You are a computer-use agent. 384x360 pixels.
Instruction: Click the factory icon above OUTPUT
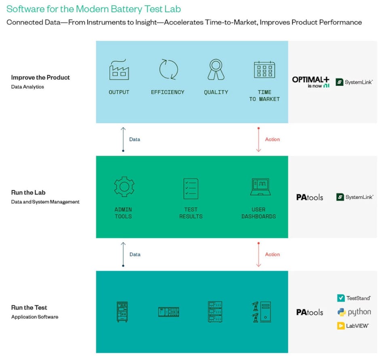[119, 69]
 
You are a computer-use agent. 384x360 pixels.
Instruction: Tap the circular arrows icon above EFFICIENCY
[168, 69]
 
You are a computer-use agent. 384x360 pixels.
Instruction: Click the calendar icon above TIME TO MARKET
[264, 69]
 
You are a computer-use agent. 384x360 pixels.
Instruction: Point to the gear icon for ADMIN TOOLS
[124, 187]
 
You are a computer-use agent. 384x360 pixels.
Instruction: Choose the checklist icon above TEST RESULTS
[191, 188]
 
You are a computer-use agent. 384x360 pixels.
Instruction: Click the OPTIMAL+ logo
[311, 82]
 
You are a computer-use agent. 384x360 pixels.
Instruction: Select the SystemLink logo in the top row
[354, 82]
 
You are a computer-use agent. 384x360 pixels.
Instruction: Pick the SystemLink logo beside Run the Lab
[354, 197]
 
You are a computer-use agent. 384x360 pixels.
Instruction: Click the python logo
[354, 312]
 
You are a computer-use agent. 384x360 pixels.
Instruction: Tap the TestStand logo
[353, 298]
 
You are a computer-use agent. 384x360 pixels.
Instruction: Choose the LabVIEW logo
[353, 326]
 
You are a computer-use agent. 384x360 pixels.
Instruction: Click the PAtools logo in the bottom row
[310, 312]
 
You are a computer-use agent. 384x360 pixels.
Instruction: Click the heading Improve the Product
[40, 77]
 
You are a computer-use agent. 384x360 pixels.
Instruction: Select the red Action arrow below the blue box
[259, 139]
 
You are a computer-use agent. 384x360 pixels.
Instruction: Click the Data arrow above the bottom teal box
[123, 255]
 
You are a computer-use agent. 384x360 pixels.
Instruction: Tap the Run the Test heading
[29, 307]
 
